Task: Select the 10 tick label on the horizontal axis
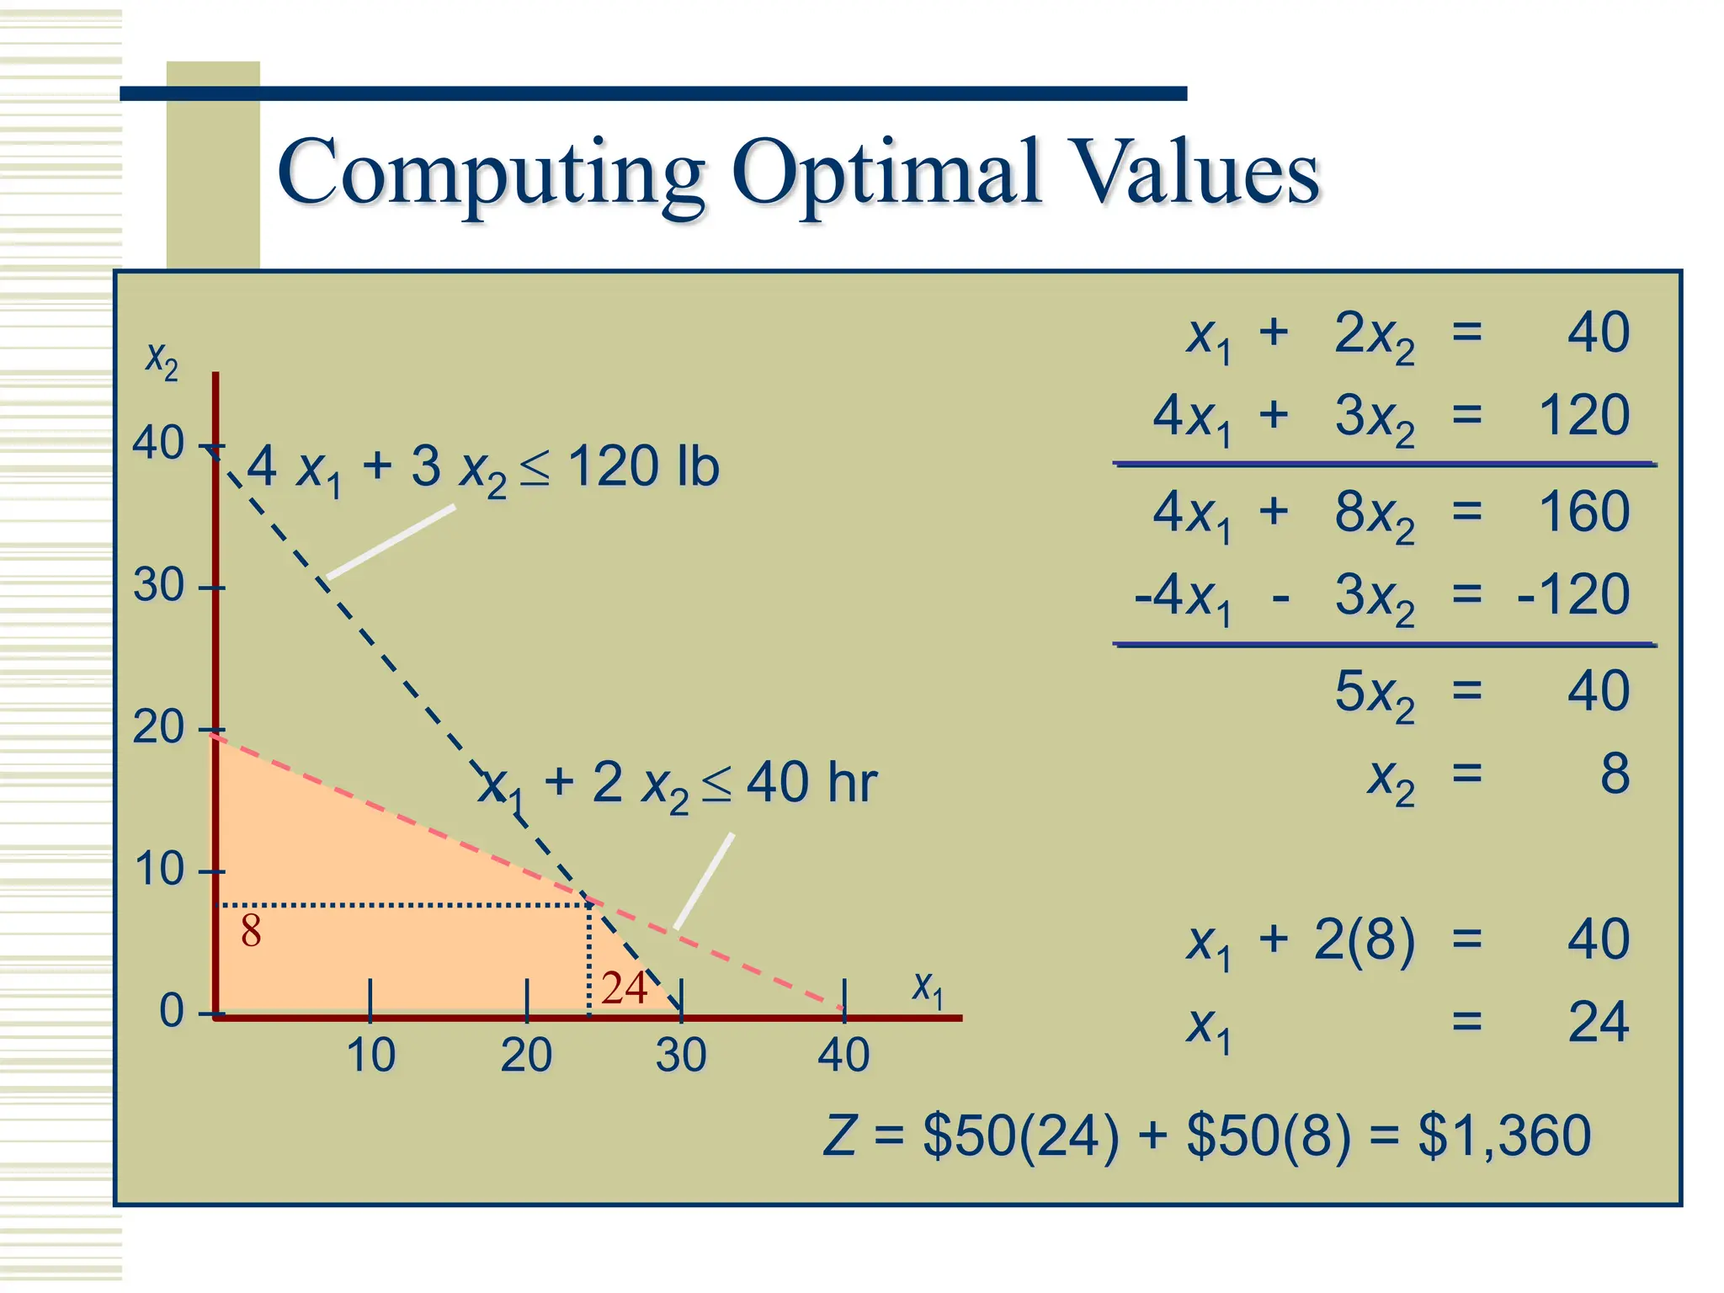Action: click(x=370, y=1055)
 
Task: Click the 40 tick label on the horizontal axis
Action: click(x=843, y=1055)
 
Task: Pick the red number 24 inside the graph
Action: click(x=624, y=987)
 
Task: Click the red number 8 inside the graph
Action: click(x=251, y=931)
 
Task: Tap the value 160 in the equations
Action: click(x=1583, y=511)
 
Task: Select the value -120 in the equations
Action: click(x=1572, y=594)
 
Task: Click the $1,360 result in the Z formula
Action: click(x=1504, y=1135)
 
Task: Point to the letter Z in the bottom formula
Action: click(x=840, y=1135)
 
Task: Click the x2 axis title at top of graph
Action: click(x=162, y=360)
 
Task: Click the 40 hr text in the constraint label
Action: click(x=811, y=782)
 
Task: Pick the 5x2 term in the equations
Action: click(x=1374, y=694)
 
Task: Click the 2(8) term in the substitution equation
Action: click(x=1364, y=939)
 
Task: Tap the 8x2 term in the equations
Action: click(x=1374, y=513)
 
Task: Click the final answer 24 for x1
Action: click(x=1598, y=1023)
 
